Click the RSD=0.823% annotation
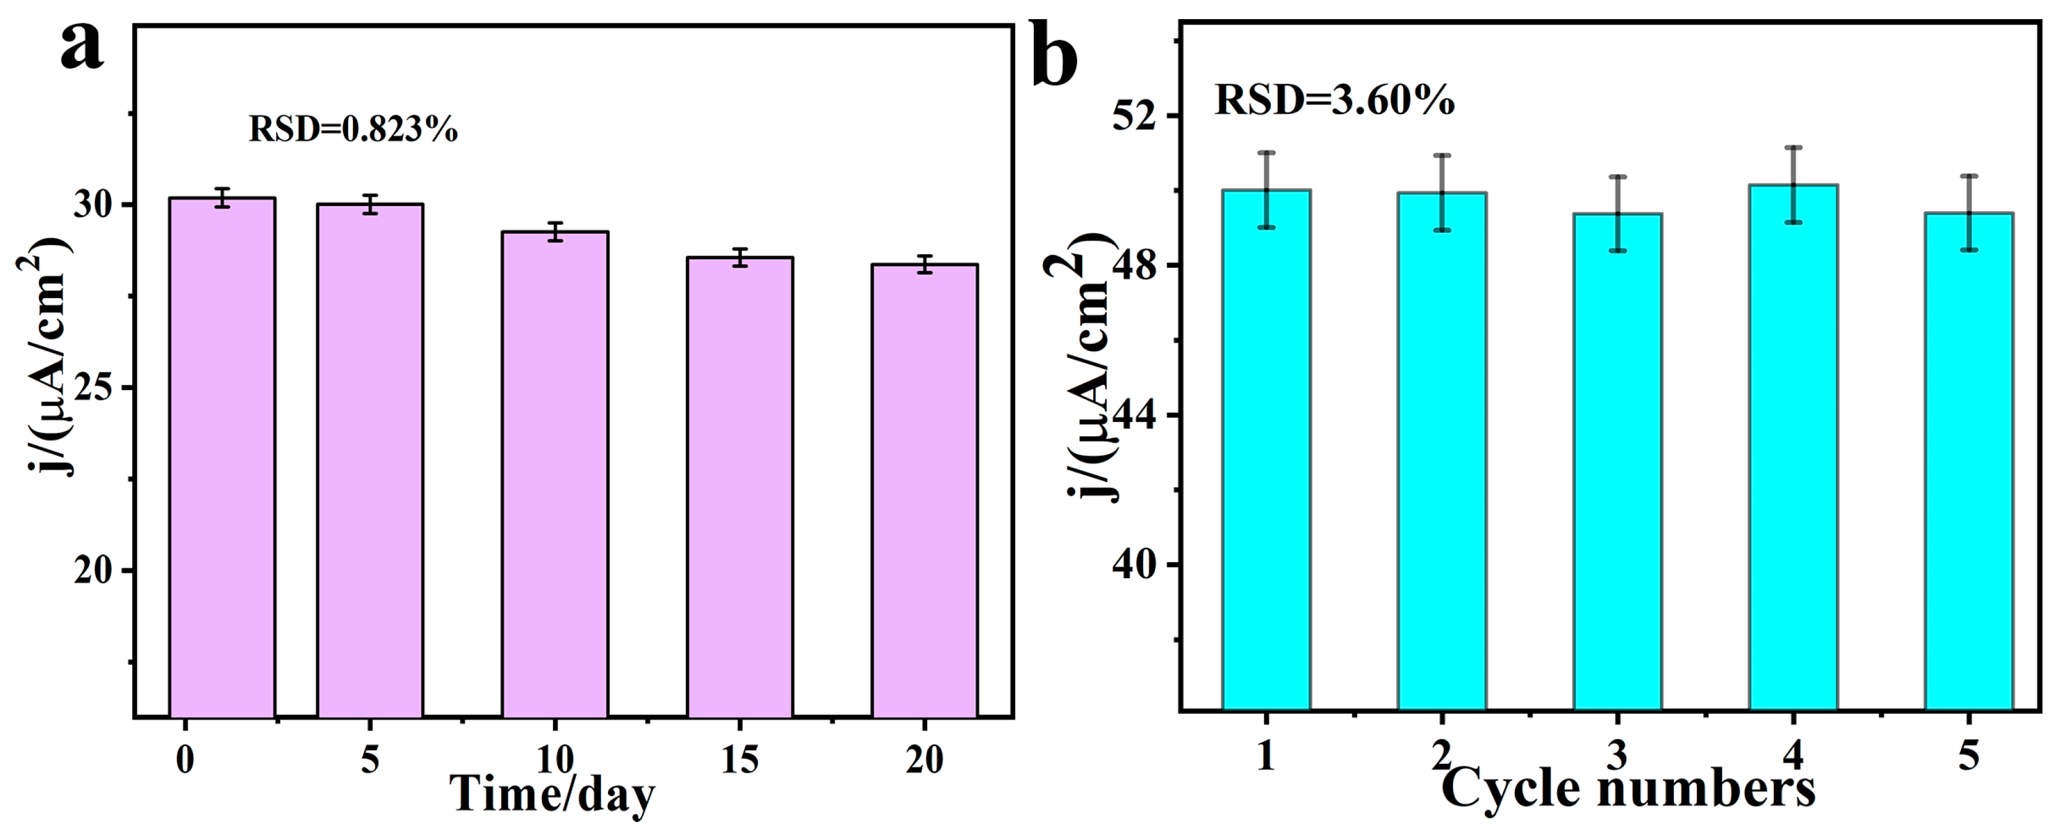pos(353,130)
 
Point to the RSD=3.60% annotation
pos(1334,101)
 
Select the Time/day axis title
pos(552,795)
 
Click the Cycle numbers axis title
pos(1628,789)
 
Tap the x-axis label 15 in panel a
pos(739,760)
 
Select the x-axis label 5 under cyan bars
pos(1968,755)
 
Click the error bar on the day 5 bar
pos(370,205)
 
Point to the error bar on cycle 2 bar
pos(1442,193)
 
